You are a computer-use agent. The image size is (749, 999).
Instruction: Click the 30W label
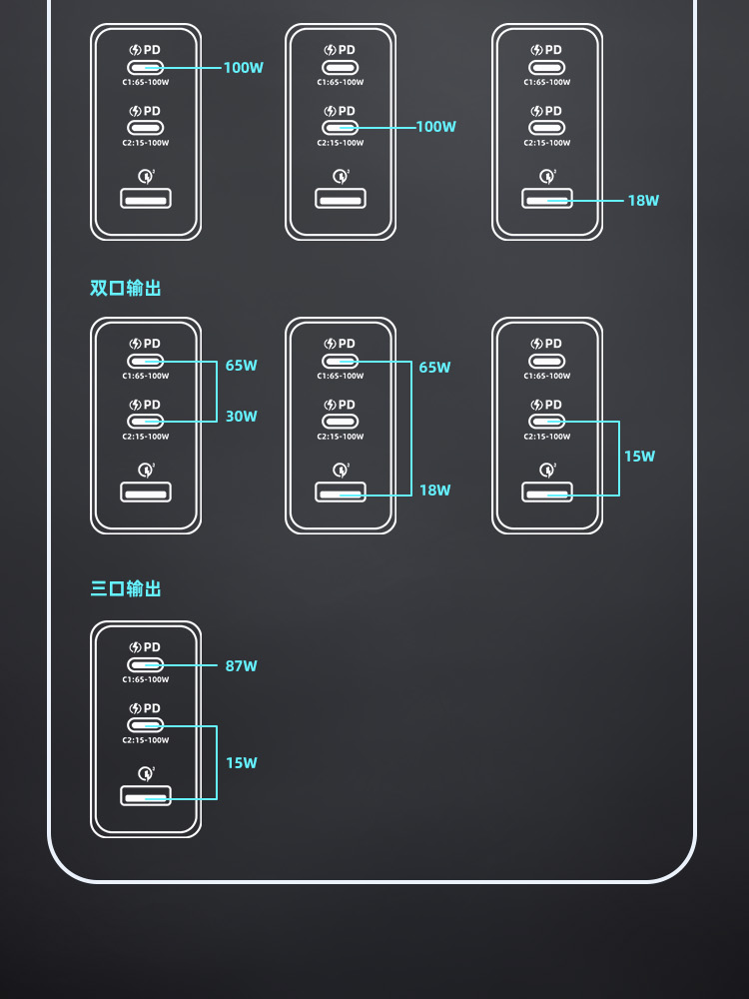[241, 417]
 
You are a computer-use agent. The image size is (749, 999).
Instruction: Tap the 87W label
[241, 666]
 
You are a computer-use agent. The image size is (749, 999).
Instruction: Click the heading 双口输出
[126, 289]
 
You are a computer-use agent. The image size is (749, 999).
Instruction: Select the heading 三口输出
[126, 589]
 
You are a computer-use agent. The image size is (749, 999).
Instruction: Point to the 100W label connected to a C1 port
[243, 68]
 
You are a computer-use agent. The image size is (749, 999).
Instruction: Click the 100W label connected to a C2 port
[435, 127]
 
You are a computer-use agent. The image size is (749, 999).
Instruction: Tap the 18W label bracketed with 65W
[434, 491]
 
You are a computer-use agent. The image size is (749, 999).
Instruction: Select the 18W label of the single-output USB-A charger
[643, 201]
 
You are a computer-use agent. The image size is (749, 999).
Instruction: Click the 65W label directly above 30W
[241, 366]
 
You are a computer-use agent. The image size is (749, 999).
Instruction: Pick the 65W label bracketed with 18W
[434, 368]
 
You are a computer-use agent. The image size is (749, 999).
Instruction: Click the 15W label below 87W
[241, 763]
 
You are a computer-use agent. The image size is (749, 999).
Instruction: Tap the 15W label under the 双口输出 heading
[639, 457]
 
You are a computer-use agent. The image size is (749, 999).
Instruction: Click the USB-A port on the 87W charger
[146, 796]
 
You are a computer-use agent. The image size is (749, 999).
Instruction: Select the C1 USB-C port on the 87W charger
[146, 664]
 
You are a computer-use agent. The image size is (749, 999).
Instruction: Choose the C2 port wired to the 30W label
[146, 422]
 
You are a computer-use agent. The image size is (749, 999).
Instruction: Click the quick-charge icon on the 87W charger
[146, 772]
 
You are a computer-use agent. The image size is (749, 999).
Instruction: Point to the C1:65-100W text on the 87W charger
[146, 679]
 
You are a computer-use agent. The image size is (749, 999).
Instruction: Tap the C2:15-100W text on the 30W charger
[146, 437]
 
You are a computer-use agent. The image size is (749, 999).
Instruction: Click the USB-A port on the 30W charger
[146, 492]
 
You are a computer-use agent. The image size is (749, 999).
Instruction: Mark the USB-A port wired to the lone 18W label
[547, 198]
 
